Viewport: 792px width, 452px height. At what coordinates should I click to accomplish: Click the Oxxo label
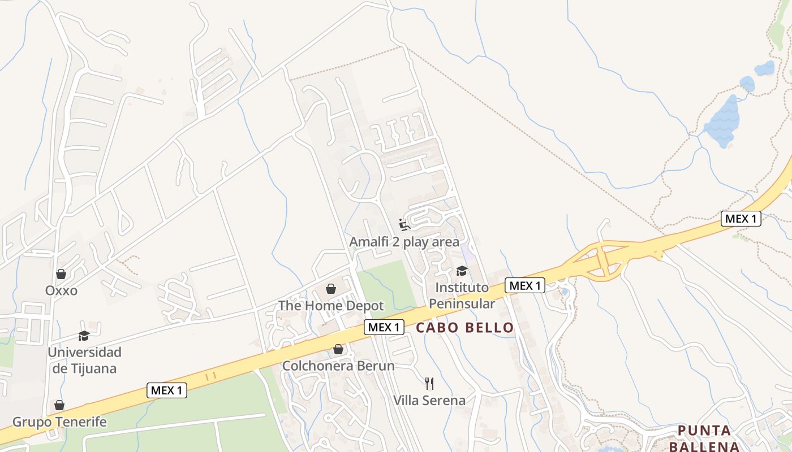tap(61, 290)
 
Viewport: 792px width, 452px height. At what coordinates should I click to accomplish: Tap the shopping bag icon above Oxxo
tap(61, 274)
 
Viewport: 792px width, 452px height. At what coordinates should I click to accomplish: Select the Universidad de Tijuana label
tap(84, 360)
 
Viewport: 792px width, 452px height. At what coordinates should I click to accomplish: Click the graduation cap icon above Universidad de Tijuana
tap(84, 336)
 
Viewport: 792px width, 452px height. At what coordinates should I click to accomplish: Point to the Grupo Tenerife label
tap(59, 422)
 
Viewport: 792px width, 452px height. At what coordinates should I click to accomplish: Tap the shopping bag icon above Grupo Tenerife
tap(59, 405)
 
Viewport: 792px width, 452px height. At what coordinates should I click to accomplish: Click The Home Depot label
tap(331, 306)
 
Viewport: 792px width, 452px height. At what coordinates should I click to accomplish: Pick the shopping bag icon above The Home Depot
tap(331, 289)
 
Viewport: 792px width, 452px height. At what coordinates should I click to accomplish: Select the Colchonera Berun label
tap(338, 366)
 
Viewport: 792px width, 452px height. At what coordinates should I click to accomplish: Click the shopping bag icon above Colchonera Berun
tap(338, 349)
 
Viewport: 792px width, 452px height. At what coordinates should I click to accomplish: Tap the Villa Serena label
tap(429, 401)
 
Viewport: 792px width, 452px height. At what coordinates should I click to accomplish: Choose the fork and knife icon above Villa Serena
tap(429, 384)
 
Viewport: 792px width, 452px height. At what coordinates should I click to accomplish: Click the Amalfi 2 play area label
tap(404, 242)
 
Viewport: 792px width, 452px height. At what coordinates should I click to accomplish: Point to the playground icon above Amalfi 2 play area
tap(404, 225)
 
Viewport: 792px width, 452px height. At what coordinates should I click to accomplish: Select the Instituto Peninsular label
tap(462, 295)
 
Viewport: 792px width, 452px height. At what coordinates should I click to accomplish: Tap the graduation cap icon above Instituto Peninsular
tap(462, 271)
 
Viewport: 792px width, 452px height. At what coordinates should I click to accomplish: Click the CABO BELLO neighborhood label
tap(465, 328)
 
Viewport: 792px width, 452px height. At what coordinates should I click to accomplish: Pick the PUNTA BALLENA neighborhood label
tap(705, 438)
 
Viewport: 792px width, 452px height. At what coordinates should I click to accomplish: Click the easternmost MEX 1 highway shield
tap(741, 219)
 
